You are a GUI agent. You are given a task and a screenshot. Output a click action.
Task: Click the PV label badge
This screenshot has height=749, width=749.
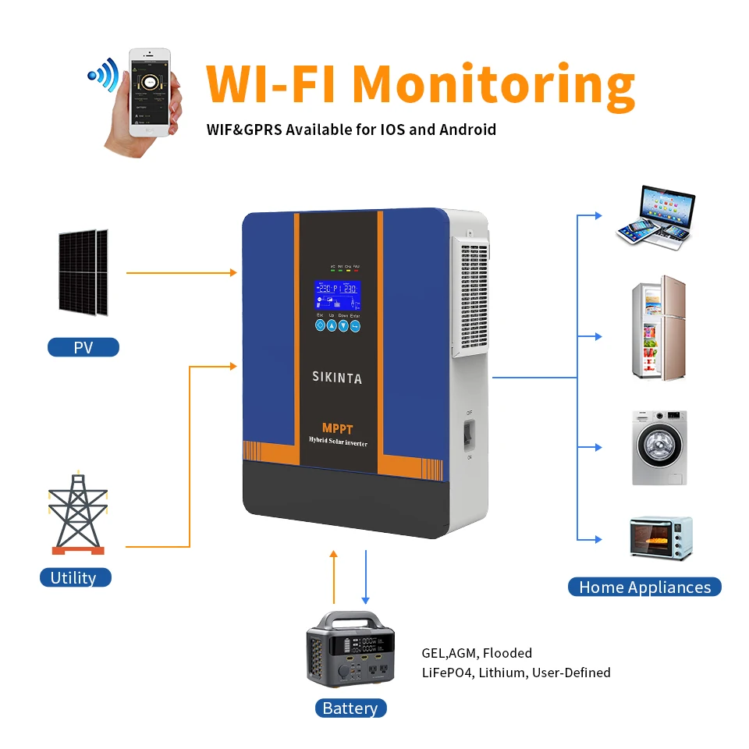pyautogui.click(x=83, y=347)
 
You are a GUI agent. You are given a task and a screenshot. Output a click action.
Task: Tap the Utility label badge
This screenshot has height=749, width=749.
pyautogui.click(x=75, y=577)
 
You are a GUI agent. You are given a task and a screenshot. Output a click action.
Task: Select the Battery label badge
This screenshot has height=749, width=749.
pyautogui.click(x=350, y=708)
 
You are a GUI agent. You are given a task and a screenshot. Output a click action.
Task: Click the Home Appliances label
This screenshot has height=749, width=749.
pyautogui.click(x=644, y=587)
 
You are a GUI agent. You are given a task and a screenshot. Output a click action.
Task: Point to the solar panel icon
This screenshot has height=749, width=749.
pyautogui.click(x=83, y=272)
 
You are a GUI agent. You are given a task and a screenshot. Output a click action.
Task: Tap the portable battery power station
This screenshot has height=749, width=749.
pyautogui.click(x=349, y=648)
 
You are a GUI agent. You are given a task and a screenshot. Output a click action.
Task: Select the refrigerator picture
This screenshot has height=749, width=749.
pyautogui.click(x=658, y=328)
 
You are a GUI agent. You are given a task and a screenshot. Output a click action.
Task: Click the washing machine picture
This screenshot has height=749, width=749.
pyautogui.click(x=659, y=447)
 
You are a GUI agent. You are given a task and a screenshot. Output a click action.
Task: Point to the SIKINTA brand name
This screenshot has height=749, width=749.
pyautogui.click(x=337, y=378)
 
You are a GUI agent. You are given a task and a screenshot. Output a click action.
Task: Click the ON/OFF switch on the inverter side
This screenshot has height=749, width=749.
pyautogui.click(x=470, y=435)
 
